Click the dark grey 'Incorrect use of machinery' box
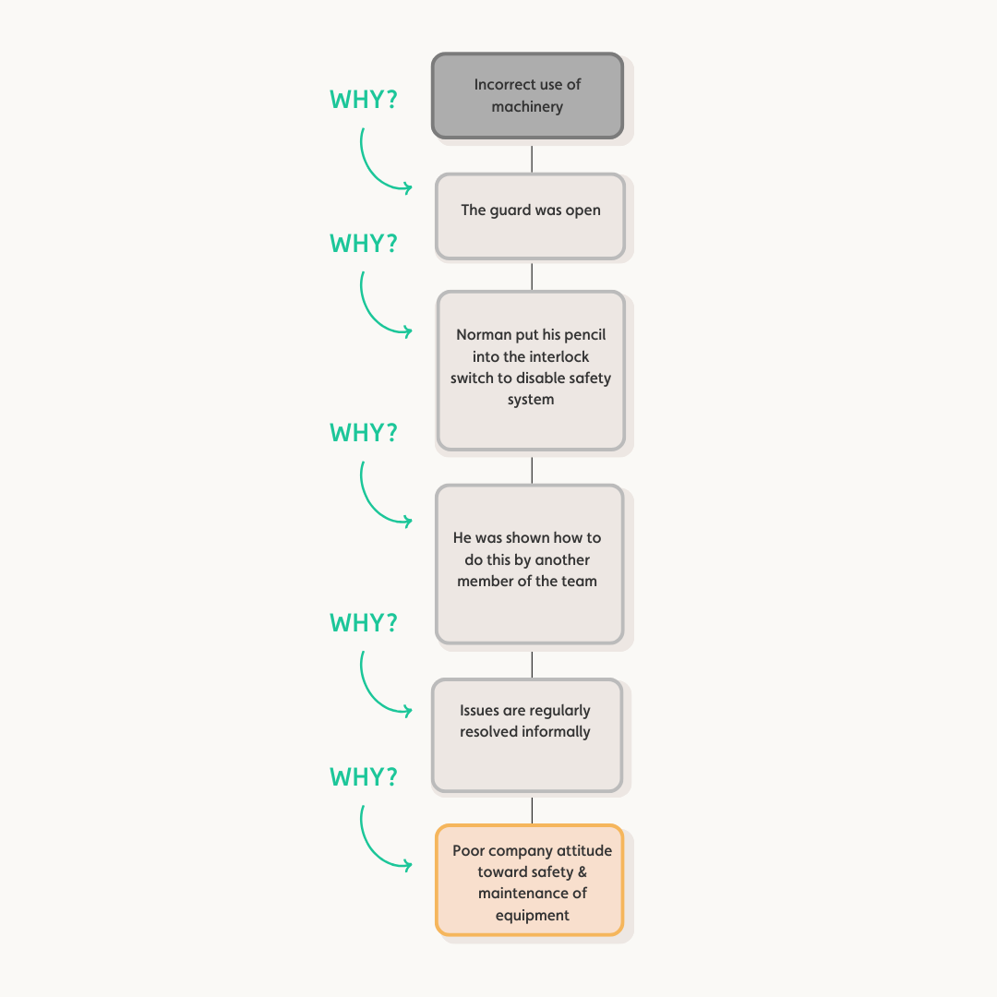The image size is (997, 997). pyautogui.click(x=527, y=95)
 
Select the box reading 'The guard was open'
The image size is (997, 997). pyautogui.click(x=530, y=216)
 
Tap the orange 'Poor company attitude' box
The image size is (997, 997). pyautogui.click(x=529, y=880)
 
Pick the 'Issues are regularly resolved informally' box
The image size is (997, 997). pyautogui.click(x=526, y=735)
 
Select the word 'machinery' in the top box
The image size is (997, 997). pyautogui.click(x=527, y=106)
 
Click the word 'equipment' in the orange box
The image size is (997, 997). pyautogui.click(x=532, y=915)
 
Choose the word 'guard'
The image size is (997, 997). pyautogui.click(x=511, y=210)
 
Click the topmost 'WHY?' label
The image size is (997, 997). pyautogui.click(x=364, y=100)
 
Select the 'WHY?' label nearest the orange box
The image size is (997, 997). pyautogui.click(x=364, y=777)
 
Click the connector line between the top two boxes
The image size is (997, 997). pyautogui.click(x=532, y=159)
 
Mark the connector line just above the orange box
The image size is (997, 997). pyautogui.click(x=532, y=810)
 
